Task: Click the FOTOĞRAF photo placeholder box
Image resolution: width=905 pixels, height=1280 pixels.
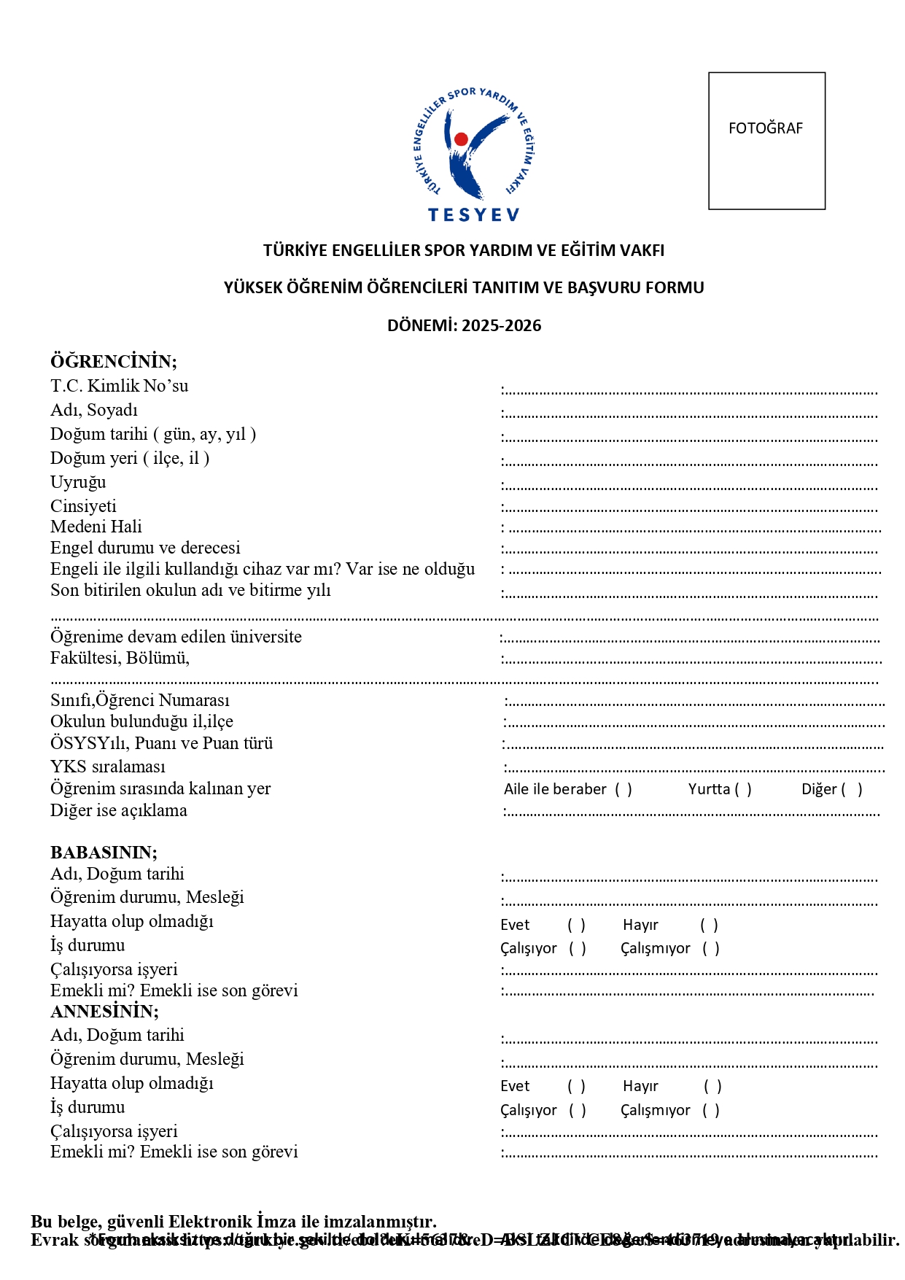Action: (766, 141)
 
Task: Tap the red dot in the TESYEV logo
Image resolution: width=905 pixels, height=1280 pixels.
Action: (461, 139)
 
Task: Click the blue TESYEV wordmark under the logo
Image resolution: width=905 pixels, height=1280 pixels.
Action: (473, 214)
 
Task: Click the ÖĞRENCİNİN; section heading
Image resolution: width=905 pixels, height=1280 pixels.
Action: (114, 361)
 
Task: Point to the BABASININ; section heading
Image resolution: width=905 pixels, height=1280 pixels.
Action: (104, 852)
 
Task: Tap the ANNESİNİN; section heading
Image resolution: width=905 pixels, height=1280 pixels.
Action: (104, 1011)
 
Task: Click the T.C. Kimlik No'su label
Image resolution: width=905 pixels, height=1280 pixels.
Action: (119, 386)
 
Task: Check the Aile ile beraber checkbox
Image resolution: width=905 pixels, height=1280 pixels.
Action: (624, 789)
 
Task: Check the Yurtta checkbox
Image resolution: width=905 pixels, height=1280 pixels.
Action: (743, 789)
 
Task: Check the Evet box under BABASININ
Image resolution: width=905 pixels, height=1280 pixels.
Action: (577, 925)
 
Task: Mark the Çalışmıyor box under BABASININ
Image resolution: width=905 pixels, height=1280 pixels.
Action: (711, 948)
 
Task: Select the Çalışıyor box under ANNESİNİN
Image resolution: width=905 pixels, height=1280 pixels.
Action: (578, 1110)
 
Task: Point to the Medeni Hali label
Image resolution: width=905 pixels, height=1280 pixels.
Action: (96, 527)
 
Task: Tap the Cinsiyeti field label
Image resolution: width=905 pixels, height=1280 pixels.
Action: (83, 506)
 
